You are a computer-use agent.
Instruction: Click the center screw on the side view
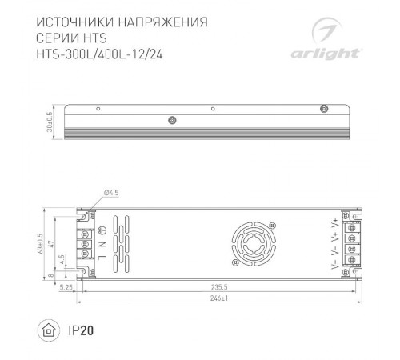click(172, 121)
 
